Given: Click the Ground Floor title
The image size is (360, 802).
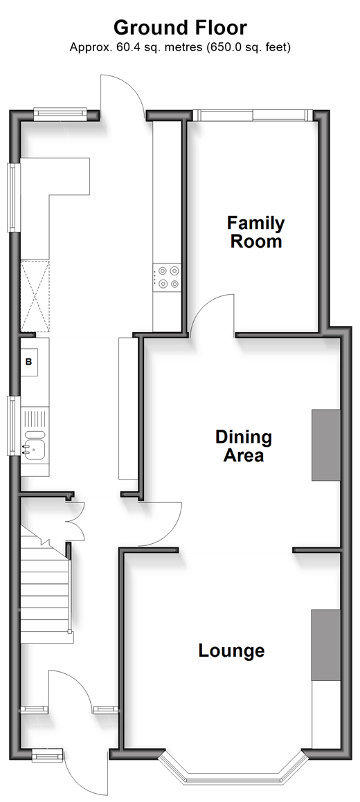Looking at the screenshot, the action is (x=180, y=28).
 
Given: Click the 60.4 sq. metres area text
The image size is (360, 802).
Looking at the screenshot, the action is (x=136, y=48).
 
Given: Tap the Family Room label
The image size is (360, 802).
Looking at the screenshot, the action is (x=255, y=232).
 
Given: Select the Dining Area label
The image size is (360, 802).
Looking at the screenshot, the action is (x=244, y=446).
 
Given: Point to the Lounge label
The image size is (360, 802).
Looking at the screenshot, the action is (x=232, y=650).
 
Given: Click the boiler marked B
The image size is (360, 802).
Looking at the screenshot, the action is (x=29, y=362).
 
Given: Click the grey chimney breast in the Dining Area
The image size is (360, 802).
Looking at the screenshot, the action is (x=326, y=445).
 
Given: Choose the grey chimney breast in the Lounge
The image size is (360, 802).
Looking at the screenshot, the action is (x=326, y=645).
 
